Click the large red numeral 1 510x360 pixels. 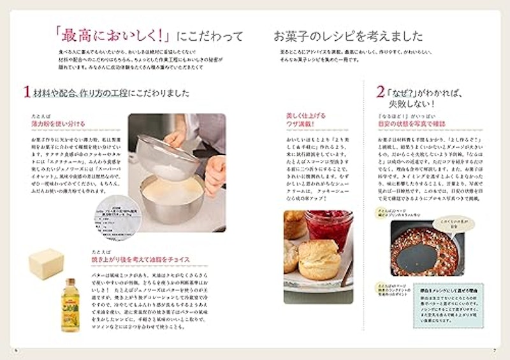point(27,92)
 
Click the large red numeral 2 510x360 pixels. point(380,92)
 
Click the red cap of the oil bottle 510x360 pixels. point(69,280)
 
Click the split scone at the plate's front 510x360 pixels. point(319,258)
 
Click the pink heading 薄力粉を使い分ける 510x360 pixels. point(58,124)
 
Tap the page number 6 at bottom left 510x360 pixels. point(13,350)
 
